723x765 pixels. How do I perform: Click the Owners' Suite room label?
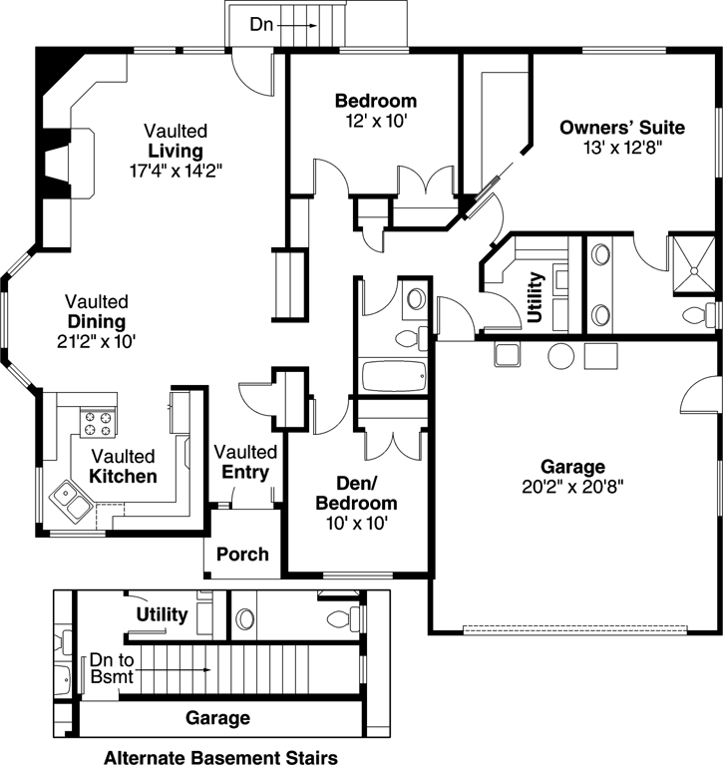coord(621,128)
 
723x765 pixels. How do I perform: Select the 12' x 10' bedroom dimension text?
coord(375,121)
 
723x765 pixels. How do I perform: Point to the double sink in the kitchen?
coord(69,498)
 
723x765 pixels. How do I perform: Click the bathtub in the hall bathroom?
coord(392,377)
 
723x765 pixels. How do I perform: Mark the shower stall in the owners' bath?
coord(691,265)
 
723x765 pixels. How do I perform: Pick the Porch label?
coord(242,554)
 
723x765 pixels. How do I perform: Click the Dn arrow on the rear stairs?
coord(298,20)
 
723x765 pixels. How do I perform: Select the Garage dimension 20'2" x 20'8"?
coord(572,487)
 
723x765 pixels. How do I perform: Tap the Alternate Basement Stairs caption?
coord(219,755)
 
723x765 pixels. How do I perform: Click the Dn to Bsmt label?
coord(109,668)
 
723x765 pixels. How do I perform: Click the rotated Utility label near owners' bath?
coord(535,297)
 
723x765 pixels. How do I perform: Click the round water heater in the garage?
coord(560,355)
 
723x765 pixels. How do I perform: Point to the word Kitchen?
coord(123,477)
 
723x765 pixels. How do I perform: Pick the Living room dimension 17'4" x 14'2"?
coord(175,170)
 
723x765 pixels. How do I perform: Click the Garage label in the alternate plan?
coord(217,717)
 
